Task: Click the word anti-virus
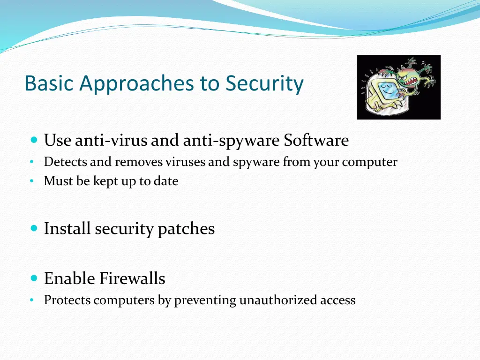coord(111,140)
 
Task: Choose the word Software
coord(316,140)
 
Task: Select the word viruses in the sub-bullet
coord(185,162)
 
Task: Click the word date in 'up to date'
coord(165,181)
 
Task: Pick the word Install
coord(67,229)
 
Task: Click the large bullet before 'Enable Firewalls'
coord(33,278)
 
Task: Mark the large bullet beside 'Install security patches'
coord(33,228)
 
